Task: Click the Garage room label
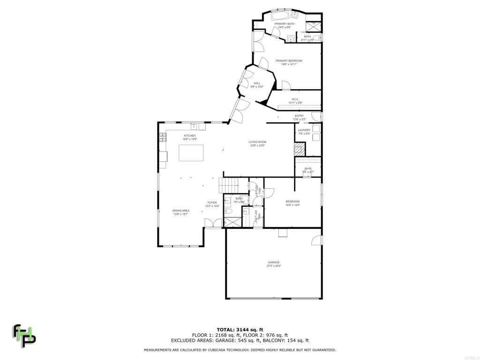[x=273, y=262]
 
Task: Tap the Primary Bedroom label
[x=288, y=61]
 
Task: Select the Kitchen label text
[x=189, y=136]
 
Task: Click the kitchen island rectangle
[x=191, y=153]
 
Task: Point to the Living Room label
[x=257, y=142]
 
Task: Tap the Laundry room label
[x=304, y=130]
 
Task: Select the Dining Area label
[x=180, y=211]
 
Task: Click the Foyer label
[x=212, y=203]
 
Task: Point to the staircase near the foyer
[x=229, y=186]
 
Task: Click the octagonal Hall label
[x=256, y=83]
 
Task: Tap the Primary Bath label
[x=285, y=24]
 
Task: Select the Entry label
[x=299, y=116]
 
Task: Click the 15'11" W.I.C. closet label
[x=295, y=99]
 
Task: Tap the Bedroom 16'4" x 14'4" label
[x=292, y=202]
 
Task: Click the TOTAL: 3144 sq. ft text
[x=240, y=330]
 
